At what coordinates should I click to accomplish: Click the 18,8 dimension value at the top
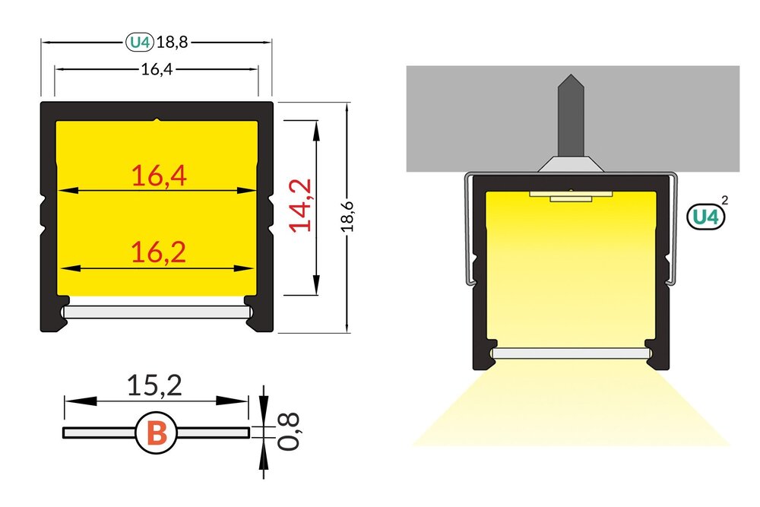click(x=172, y=43)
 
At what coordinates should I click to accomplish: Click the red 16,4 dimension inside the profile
click(x=158, y=176)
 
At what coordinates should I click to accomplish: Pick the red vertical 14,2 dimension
click(x=302, y=204)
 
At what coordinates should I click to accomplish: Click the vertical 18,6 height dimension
click(x=347, y=217)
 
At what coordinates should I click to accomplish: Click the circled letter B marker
click(x=156, y=433)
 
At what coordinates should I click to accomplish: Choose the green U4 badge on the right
click(x=703, y=217)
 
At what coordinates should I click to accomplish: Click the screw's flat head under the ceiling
click(x=571, y=163)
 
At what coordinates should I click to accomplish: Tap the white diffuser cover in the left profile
click(x=156, y=312)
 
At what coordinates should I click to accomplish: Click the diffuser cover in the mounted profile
click(x=570, y=353)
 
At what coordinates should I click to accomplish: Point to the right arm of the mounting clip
click(x=673, y=228)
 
